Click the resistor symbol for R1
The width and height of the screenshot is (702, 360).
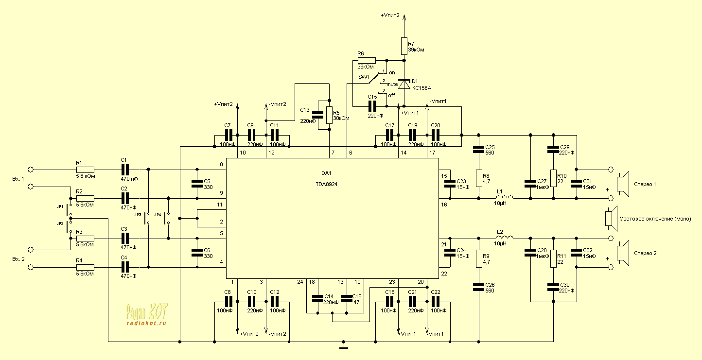[85, 170]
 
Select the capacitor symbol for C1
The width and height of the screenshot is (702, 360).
[125, 170]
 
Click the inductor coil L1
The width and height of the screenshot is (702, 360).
[505, 197]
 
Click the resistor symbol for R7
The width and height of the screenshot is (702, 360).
[404, 46]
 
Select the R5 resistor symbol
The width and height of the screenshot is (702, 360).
[330, 115]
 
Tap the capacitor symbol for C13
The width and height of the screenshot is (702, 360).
[318, 115]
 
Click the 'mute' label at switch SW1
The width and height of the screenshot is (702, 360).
[392, 84]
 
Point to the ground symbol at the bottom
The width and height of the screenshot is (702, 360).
[344, 347]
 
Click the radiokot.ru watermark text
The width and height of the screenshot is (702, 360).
[146, 323]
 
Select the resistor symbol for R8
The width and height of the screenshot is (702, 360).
[479, 178]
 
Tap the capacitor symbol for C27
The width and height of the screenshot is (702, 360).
[529, 184]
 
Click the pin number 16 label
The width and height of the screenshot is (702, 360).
[443, 205]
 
